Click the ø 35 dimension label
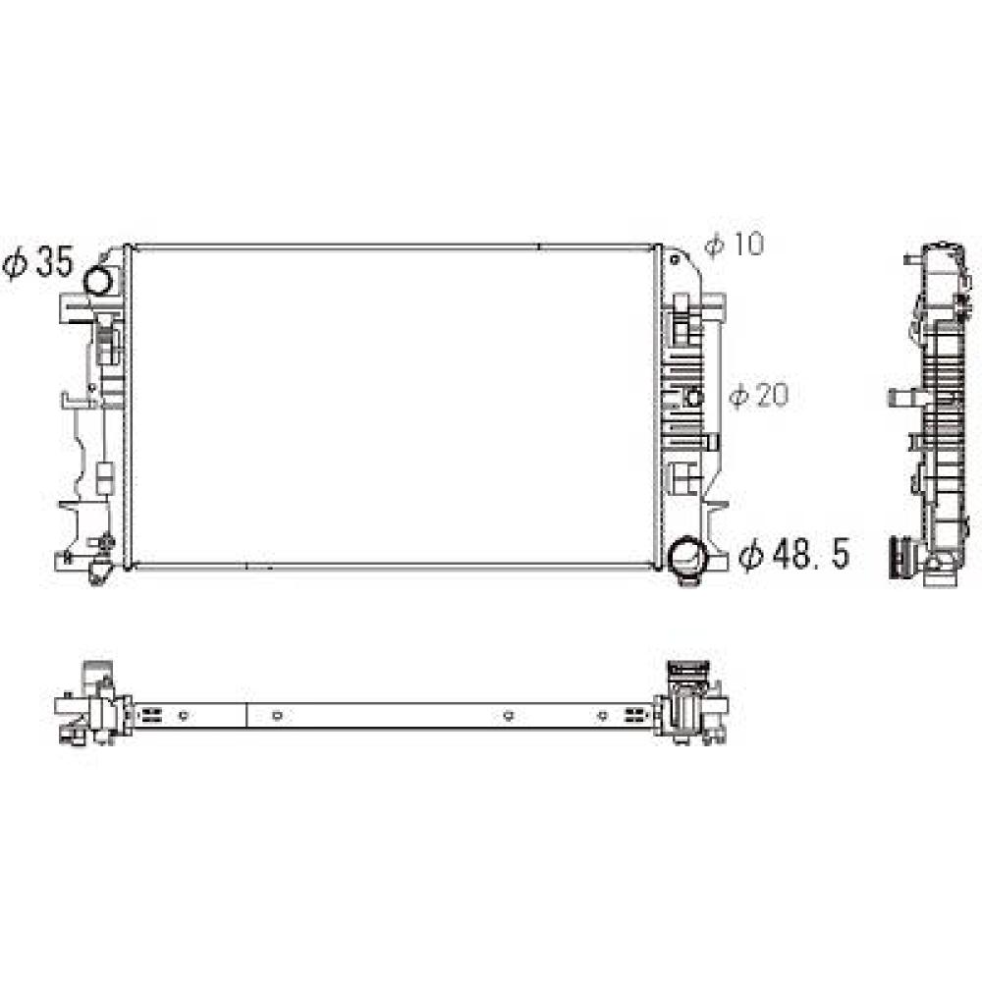(x=38, y=263)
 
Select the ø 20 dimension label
(x=758, y=396)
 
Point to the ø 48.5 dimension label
(x=793, y=555)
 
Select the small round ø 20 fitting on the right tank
(x=693, y=397)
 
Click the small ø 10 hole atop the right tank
(x=677, y=261)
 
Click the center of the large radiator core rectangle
(x=393, y=405)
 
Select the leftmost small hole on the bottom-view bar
(x=184, y=715)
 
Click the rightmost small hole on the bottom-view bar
(x=602, y=715)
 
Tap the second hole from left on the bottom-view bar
(x=278, y=715)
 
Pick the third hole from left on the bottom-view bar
(x=508, y=715)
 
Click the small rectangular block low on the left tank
(x=104, y=479)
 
